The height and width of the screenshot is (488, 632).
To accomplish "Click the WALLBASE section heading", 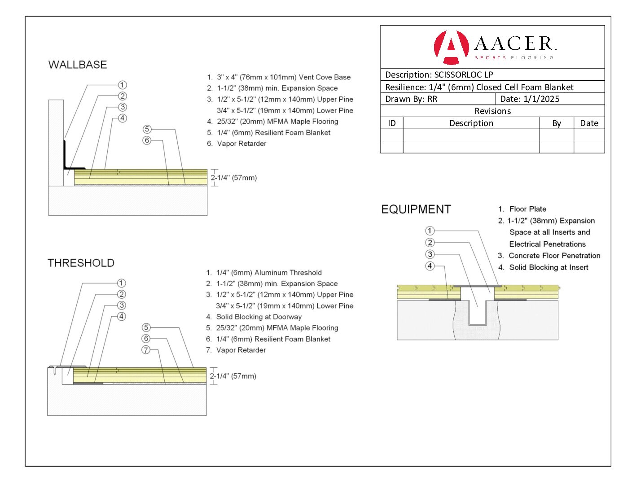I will click(x=78, y=65).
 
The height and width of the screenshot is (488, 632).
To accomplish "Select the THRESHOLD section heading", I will click(x=81, y=263).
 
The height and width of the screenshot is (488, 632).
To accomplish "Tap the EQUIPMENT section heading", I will click(x=416, y=209).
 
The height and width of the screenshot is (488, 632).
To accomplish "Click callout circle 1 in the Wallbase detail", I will click(x=122, y=85).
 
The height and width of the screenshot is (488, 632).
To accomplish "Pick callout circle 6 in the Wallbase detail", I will click(x=147, y=140).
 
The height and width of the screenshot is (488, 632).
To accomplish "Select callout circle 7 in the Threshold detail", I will click(x=146, y=350).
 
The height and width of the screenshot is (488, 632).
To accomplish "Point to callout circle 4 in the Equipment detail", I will click(x=430, y=266).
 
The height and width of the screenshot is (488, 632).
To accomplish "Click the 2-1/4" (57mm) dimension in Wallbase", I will click(x=234, y=178).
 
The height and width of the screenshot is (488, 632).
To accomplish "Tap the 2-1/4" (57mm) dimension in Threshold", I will click(x=233, y=376).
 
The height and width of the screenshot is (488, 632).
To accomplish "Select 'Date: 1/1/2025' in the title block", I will click(x=530, y=99).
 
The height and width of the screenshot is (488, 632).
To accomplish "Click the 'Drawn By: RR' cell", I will click(x=411, y=99).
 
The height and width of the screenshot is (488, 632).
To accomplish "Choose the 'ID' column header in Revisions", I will click(x=392, y=123).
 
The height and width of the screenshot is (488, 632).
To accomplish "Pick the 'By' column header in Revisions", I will click(x=557, y=123).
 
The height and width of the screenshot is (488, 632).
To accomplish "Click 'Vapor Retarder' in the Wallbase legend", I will click(x=241, y=144).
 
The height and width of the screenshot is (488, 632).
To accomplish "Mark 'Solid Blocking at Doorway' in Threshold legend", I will click(x=259, y=317).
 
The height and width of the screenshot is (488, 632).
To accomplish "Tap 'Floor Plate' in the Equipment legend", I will click(x=527, y=209).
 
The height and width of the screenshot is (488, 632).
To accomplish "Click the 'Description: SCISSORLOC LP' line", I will click(x=439, y=75).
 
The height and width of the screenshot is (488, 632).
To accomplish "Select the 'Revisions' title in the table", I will click(x=492, y=111).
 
